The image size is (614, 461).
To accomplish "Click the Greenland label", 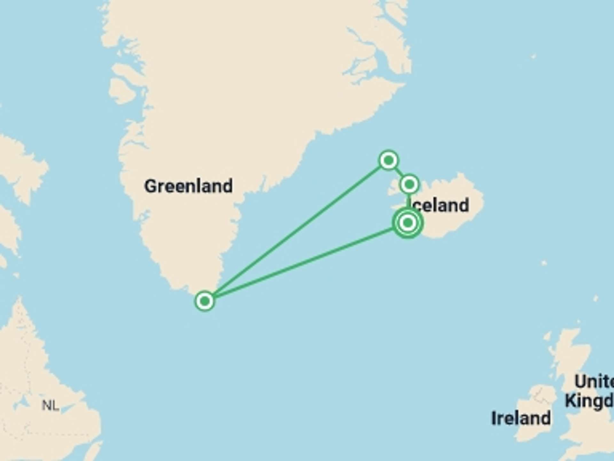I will [188, 186].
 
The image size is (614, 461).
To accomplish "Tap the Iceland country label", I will [441, 206].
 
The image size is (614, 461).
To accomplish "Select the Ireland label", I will [521, 418].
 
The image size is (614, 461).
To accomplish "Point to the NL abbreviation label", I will [50, 406].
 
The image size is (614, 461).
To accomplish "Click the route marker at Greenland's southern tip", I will [205, 301].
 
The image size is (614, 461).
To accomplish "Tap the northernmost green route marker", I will [389, 160].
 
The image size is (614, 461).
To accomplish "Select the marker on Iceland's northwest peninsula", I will [409, 184].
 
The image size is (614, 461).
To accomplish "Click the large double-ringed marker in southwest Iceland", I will [408, 222].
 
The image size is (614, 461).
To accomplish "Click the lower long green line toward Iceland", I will [301, 264].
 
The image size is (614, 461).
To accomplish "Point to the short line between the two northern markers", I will [399, 172].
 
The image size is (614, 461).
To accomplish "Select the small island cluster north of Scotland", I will [595, 298].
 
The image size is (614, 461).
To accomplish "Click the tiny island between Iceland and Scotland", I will [544, 263].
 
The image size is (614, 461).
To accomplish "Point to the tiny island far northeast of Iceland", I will [533, 57].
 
